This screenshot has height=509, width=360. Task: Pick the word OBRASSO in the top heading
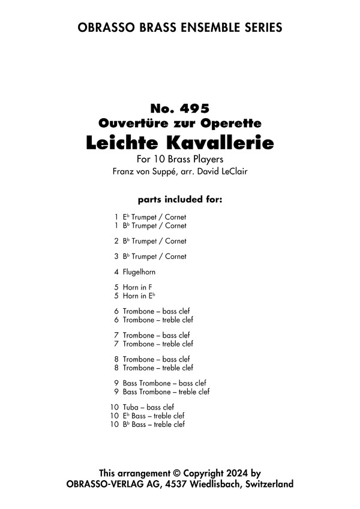(x=105, y=28)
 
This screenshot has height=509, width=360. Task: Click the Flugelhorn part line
(x=139, y=272)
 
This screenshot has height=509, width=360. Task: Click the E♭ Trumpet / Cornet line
(x=154, y=217)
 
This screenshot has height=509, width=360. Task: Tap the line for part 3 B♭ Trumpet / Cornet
(x=154, y=257)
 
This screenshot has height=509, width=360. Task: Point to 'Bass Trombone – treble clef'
(x=166, y=391)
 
